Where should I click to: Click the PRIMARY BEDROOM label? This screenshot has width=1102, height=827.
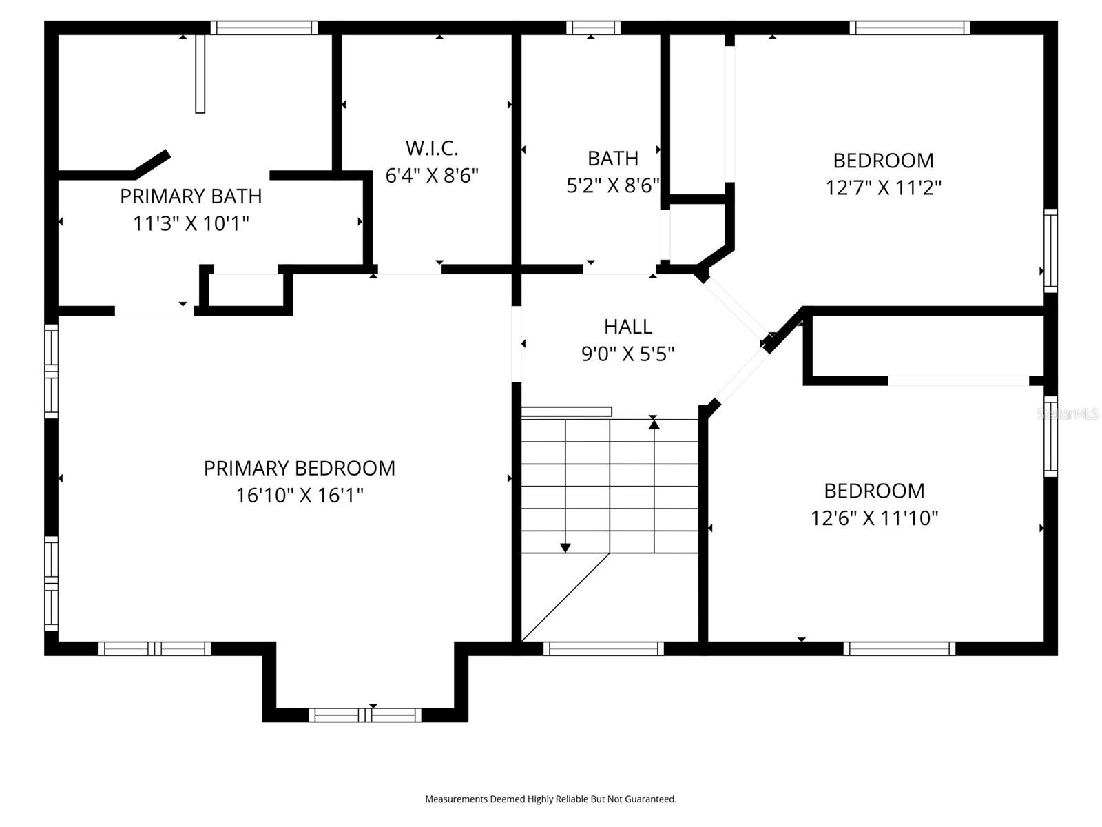click(299, 468)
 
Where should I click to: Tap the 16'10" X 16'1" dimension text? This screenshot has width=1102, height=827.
click(299, 496)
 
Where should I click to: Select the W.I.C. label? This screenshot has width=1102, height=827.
click(432, 148)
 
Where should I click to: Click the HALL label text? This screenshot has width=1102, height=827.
click(627, 326)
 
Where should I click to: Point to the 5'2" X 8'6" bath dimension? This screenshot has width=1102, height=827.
click(612, 185)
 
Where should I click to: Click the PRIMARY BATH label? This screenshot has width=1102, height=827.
click(191, 196)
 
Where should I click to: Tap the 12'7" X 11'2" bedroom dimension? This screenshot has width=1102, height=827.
click(883, 187)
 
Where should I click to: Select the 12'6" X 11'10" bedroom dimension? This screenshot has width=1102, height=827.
click(874, 518)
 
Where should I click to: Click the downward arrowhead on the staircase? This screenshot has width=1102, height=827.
click(565, 548)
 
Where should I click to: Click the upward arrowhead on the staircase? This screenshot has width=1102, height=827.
click(654, 425)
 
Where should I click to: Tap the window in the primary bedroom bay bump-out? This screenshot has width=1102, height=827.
click(364, 715)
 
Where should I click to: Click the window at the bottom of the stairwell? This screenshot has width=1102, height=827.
click(603, 649)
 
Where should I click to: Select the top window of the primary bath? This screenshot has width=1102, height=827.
click(264, 28)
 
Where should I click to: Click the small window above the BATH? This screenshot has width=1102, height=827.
click(593, 28)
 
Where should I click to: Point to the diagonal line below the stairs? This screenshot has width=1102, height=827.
click(565, 597)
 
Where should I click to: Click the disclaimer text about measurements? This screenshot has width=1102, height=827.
click(550, 799)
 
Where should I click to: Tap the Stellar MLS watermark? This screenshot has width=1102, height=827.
click(1067, 414)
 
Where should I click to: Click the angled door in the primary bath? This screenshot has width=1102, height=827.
click(152, 163)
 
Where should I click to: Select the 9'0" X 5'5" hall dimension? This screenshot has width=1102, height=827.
click(627, 354)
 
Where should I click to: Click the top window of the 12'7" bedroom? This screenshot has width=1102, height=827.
click(909, 28)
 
